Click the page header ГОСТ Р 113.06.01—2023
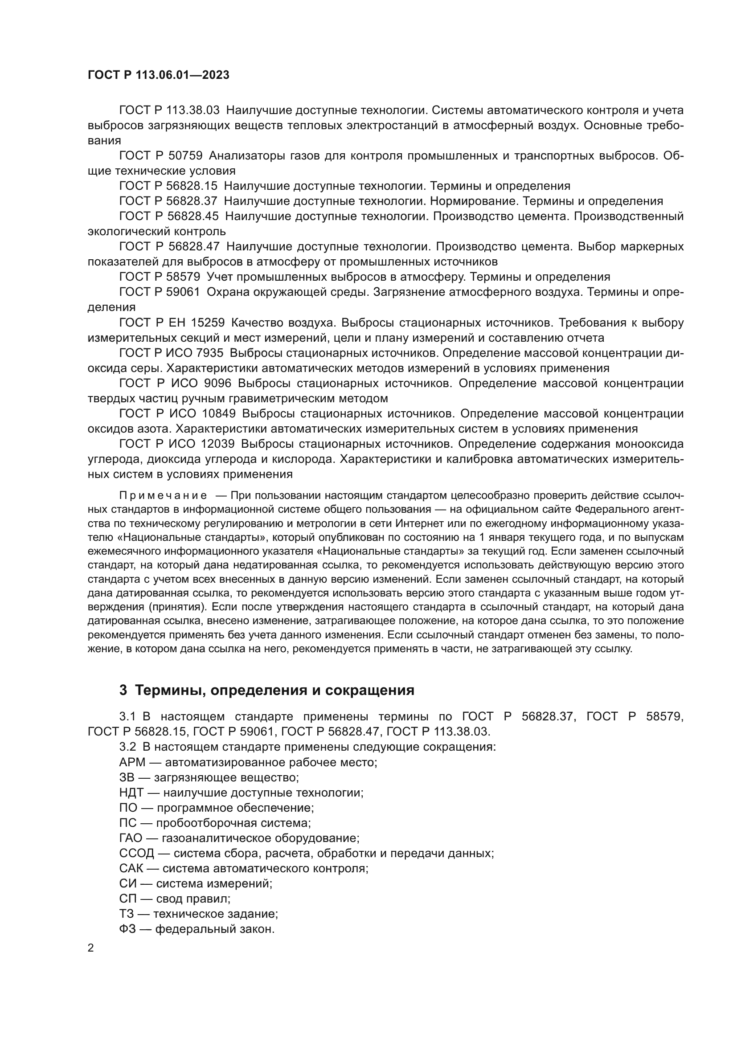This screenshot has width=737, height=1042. coord(158,75)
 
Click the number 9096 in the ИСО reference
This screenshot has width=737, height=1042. coord(218,384)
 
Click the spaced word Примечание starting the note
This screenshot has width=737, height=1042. coord(164,495)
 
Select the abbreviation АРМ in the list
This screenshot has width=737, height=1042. coord(132,762)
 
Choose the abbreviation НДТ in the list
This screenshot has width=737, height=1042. coord(131,793)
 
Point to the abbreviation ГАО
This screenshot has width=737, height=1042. coord(131,838)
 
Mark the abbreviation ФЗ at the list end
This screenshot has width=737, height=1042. coord(127,929)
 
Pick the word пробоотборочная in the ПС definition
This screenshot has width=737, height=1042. coord(202,823)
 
